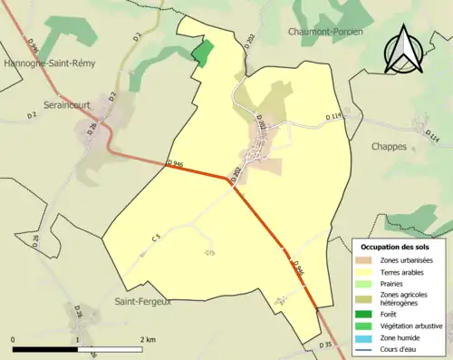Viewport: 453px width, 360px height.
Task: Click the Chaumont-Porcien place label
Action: point(331,32)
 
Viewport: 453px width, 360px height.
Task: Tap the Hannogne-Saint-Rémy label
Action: point(45,64)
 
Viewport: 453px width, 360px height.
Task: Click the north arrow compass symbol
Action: point(404,48)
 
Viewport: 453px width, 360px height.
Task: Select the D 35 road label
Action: point(327,345)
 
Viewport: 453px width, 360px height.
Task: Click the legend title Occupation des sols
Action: point(395,247)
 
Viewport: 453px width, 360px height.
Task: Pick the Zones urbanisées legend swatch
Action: point(368,260)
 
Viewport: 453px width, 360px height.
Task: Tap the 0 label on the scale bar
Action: point(13,338)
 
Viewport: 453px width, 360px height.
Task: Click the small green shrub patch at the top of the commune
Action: point(203,52)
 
